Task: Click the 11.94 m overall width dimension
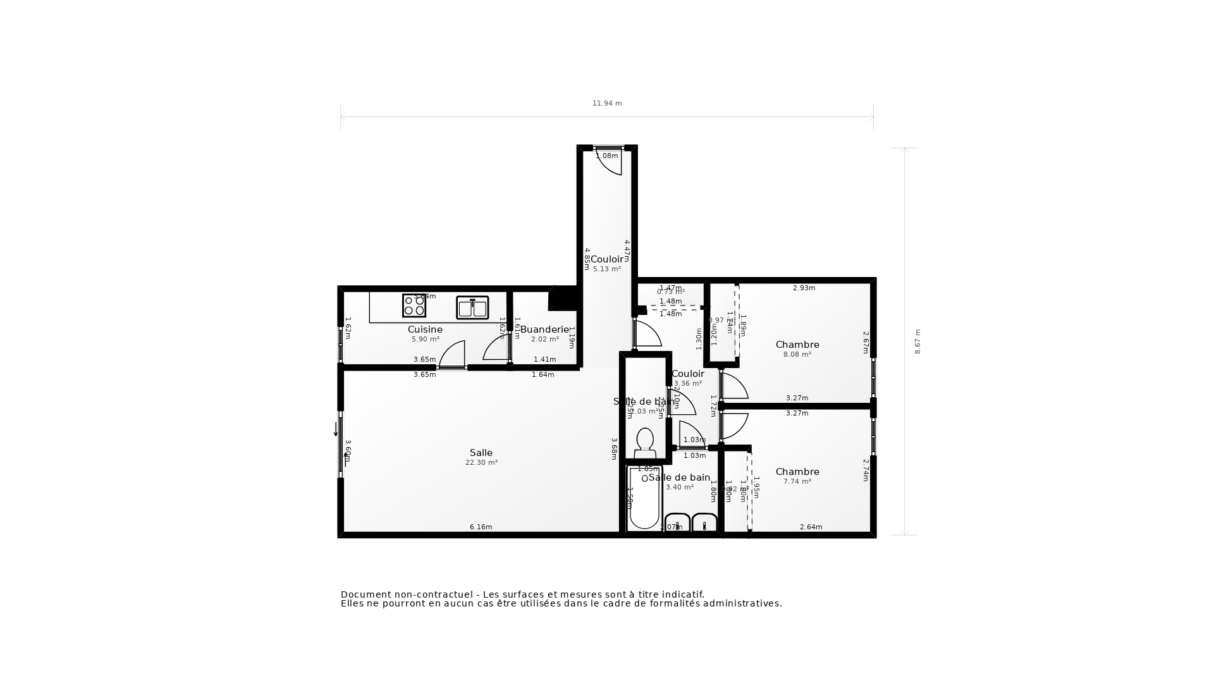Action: pos(607,103)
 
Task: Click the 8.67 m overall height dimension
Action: pos(917,341)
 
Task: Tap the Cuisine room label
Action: pos(425,329)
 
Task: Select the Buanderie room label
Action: pos(544,329)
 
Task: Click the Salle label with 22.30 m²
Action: pos(481,453)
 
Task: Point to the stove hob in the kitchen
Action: pos(414,305)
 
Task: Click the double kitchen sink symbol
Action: pos(472,308)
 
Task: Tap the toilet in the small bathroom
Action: pos(645,443)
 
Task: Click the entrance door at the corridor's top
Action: pos(609,161)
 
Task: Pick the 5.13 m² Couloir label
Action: pos(606,259)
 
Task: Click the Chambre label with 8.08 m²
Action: pos(797,345)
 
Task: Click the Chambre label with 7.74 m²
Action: pos(797,472)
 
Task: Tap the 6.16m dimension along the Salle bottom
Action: pos(481,527)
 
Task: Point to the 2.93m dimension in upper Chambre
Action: pos(804,288)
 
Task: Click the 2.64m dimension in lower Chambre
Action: pos(811,527)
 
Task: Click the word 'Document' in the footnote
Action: pos(366,594)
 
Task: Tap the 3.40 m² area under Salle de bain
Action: pos(680,487)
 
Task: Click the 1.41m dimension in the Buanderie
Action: pos(544,359)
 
